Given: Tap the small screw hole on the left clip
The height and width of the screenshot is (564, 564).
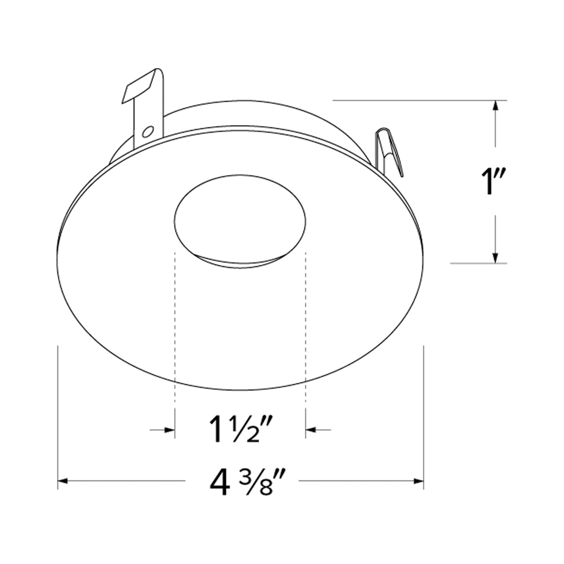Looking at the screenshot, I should tap(148, 132).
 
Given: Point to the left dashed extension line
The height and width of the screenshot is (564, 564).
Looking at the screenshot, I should tap(175, 332).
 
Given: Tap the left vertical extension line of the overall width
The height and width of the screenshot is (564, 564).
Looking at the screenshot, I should tap(58, 410).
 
